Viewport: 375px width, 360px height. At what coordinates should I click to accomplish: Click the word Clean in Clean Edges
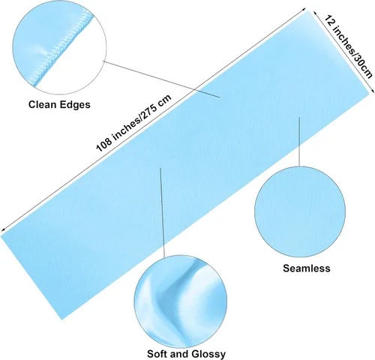[42, 104]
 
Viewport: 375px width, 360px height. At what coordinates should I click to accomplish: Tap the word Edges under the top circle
[75, 105]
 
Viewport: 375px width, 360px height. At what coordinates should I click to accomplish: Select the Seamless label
[307, 268]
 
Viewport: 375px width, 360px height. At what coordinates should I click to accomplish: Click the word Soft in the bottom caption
[157, 354]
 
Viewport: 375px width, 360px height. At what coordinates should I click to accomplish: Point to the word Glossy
[208, 354]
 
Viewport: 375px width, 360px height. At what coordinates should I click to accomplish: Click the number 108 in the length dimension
[104, 144]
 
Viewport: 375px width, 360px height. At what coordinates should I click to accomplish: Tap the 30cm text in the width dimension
[362, 67]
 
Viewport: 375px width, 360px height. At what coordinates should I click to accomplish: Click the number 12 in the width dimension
[328, 21]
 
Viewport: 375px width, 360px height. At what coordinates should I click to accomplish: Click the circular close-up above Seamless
[300, 211]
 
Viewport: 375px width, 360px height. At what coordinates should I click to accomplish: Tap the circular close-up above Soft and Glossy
[181, 301]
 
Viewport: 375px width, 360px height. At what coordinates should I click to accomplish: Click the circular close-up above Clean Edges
[59, 47]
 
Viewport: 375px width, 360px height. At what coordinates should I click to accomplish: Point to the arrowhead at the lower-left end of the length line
[3, 230]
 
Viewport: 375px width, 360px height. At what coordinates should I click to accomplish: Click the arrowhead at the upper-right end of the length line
[304, 10]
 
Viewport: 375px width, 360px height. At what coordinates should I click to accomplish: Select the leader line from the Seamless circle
[299, 142]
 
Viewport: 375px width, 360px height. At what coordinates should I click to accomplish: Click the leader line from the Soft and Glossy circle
[162, 213]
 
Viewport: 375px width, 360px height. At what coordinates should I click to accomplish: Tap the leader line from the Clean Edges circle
[161, 79]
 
